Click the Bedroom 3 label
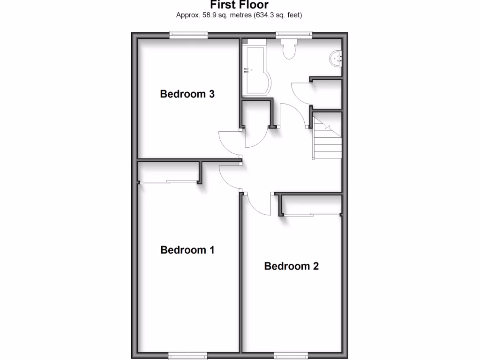[187, 94]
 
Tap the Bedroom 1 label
[187, 250]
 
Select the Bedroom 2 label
[291, 266]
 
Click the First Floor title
[239, 5]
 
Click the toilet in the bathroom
[288, 49]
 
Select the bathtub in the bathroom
[255, 70]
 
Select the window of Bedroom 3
[188, 34]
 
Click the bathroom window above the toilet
[294, 34]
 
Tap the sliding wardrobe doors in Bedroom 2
[312, 214]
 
